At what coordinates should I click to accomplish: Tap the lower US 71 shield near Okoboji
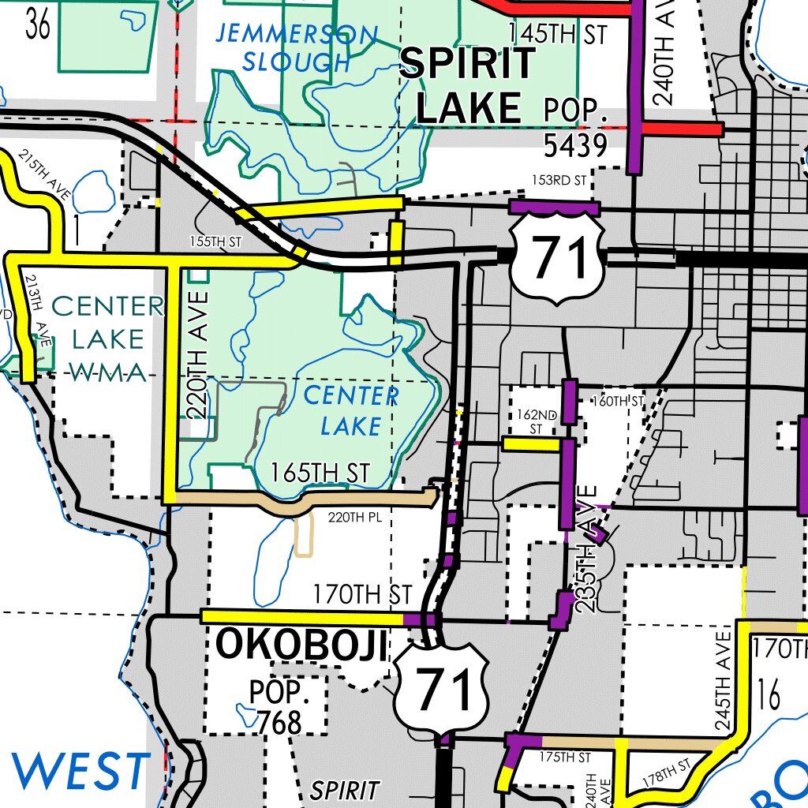click(442, 688)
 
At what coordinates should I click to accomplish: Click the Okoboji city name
click(303, 645)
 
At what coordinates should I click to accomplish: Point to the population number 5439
click(574, 145)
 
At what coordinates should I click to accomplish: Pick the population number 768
click(280, 722)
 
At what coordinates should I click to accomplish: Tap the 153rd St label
click(559, 180)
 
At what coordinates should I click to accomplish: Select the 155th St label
click(215, 242)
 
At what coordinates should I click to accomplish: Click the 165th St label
click(320, 473)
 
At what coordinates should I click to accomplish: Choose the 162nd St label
click(536, 421)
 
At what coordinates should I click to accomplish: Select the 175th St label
click(565, 757)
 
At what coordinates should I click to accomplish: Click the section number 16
click(767, 696)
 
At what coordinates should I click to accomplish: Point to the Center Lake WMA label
click(109, 339)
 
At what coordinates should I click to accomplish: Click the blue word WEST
click(80, 771)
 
